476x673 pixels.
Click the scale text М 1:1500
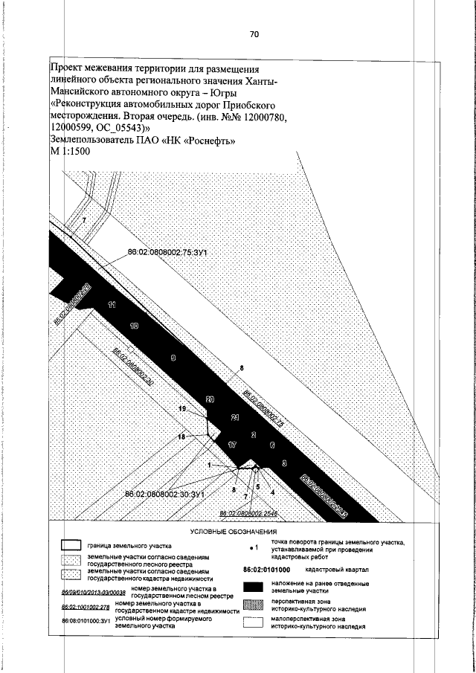(69, 152)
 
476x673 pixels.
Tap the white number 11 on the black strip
(112, 305)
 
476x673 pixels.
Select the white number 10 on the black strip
(135, 326)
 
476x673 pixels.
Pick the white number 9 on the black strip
(173, 358)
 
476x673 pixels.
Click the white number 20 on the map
(210, 400)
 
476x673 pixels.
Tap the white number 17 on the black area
(231, 445)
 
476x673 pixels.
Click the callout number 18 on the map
(180, 438)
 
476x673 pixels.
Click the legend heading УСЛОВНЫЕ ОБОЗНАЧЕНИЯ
(234, 532)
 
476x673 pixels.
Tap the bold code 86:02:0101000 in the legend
(266, 569)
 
